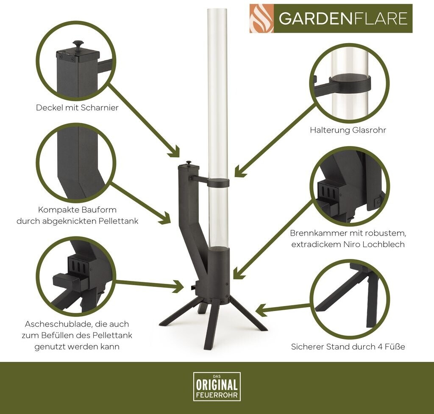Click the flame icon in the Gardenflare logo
click(262, 19)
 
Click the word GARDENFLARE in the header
click(343, 19)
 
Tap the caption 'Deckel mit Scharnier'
click(77, 107)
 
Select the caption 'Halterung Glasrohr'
click(348, 130)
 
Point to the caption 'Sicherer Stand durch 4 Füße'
click(348, 347)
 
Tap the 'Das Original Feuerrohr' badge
click(217, 386)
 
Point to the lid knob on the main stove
click(189, 163)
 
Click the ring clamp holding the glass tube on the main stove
click(218, 182)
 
